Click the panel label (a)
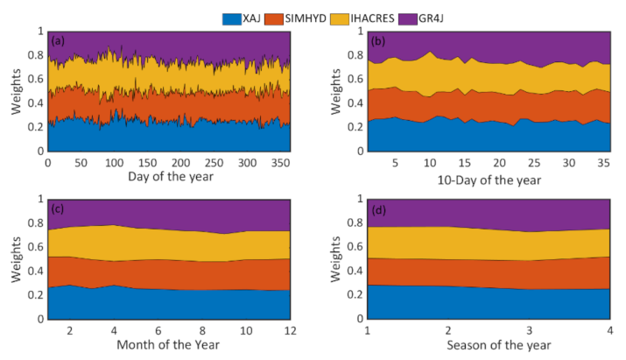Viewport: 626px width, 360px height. [x=60, y=40]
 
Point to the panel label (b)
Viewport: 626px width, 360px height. [x=381, y=40]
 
